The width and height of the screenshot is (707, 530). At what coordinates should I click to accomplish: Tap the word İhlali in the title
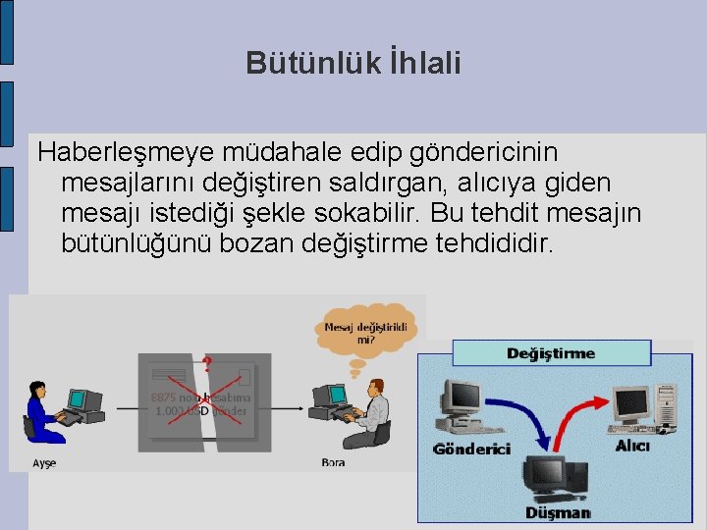[424, 64]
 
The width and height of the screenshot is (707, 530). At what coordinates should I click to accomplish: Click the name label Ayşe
[44, 462]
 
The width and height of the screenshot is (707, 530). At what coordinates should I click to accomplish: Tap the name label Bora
[333, 462]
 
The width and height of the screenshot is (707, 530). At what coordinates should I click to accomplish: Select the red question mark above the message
[207, 365]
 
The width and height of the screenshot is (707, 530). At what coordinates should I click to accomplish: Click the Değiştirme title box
[551, 353]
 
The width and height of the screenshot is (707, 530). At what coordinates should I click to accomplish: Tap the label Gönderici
[471, 450]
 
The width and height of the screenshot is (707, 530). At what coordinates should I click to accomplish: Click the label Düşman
[558, 512]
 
